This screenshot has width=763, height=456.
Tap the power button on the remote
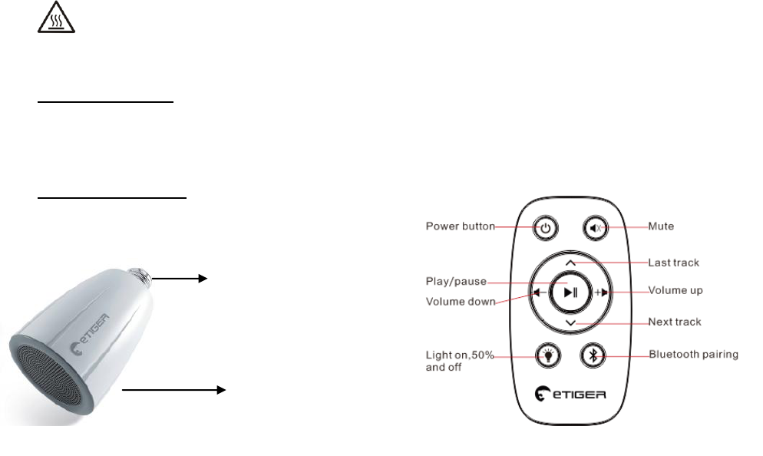[545, 227]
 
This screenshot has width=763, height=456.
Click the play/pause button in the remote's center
[570, 292]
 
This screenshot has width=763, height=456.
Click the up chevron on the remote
[570, 263]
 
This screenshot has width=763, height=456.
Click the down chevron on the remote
[570, 323]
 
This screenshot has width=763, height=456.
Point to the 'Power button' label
[461, 226]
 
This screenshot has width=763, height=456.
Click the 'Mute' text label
[661, 226]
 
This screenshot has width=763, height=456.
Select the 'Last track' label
[674, 263]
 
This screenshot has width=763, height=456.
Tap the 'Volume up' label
[675, 291]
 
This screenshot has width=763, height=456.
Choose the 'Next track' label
[675, 322]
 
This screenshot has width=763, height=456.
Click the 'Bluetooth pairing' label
[693, 354]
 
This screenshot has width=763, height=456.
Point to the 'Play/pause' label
[456, 281]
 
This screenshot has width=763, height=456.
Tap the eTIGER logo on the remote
[570, 395]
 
